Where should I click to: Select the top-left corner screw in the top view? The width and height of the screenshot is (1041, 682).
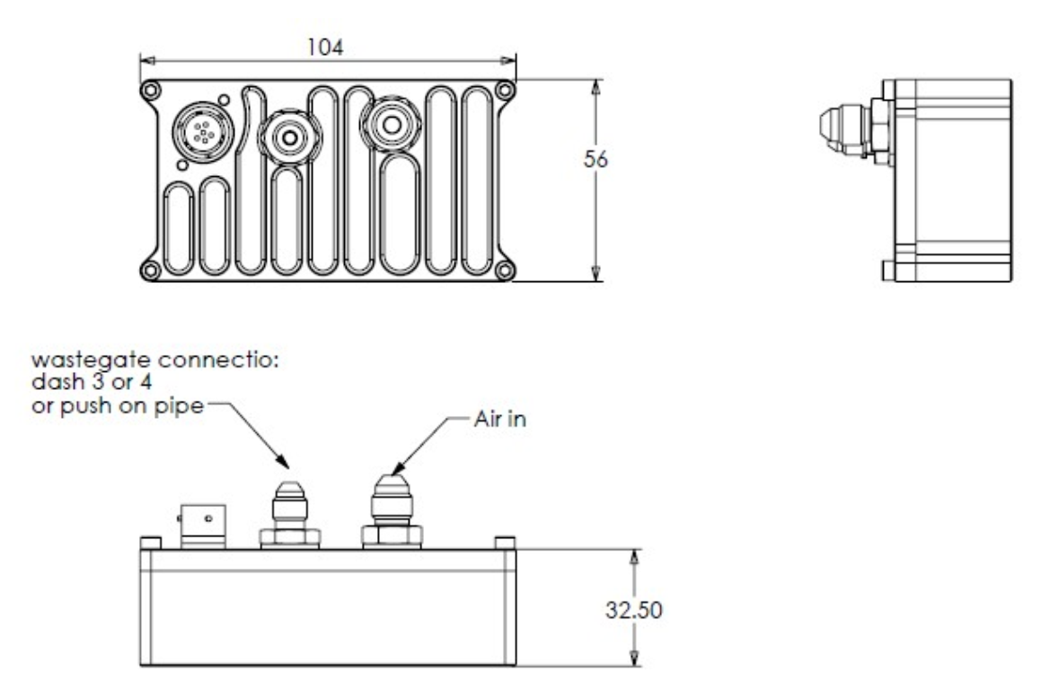(149, 90)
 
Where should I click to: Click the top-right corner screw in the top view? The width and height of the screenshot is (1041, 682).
(506, 90)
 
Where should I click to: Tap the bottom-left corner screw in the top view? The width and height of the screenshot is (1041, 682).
(149, 269)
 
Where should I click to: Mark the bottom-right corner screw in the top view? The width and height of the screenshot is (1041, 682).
(506, 269)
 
